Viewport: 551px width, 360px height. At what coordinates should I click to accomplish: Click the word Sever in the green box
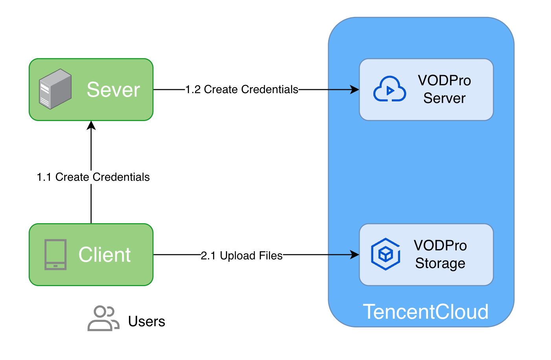(x=113, y=90)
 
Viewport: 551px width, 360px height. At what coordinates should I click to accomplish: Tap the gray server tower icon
(x=55, y=89)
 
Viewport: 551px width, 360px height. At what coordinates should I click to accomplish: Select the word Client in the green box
(x=105, y=255)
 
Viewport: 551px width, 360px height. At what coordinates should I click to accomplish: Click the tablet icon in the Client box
(x=55, y=255)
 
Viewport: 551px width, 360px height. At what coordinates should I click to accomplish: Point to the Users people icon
(x=103, y=318)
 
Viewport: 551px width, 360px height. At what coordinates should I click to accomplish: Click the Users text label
(x=147, y=321)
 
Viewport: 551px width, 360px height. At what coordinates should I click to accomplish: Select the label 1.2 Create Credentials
(x=242, y=90)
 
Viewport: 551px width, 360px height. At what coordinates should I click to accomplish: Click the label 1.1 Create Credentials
(x=93, y=177)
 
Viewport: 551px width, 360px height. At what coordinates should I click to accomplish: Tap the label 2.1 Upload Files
(x=242, y=256)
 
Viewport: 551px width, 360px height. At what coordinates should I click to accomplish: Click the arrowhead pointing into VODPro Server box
(x=355, y=90)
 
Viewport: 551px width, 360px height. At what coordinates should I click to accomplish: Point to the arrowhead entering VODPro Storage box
(x=355, y=255)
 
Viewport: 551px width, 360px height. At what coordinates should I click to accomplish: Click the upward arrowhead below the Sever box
(x=91, y=125)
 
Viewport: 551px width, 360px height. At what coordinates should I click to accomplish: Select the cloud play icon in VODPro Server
(x=389, y=90)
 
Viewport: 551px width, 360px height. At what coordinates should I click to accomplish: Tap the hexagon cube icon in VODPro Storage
(x=386, y=254)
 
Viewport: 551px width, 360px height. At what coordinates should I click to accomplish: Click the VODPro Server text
(x=444, y=90)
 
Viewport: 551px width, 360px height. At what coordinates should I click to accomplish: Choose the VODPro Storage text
(x=440, y=255)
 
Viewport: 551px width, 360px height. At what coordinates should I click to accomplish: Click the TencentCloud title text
(x=426, y=312)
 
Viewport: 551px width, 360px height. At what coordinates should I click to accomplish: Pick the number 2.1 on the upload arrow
(x=208, y=256)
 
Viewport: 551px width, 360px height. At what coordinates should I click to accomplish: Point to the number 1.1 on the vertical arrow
(x=44, y=177)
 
